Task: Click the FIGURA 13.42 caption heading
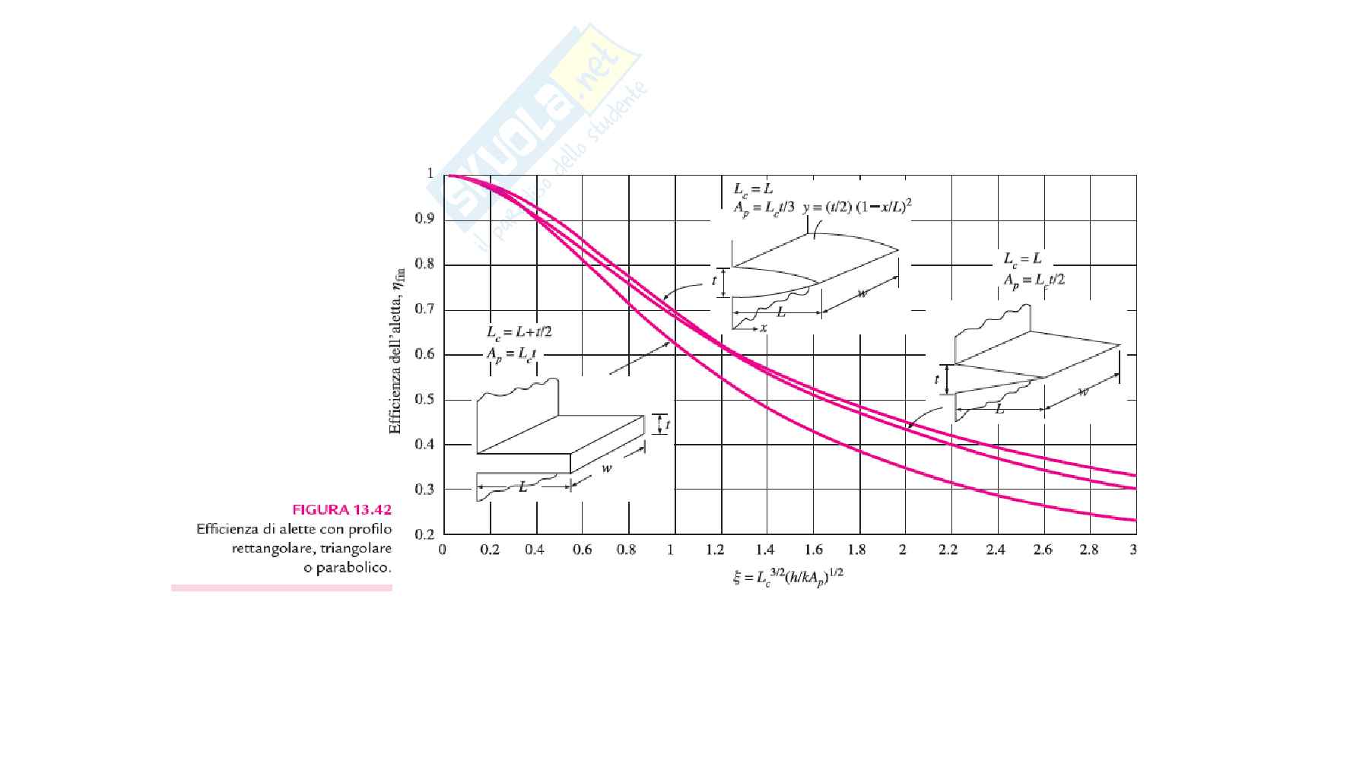pyautogui.click(x=341, y=510)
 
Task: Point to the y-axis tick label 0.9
pyautogui.click(x=424, y=220)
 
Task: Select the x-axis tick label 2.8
pyautogui.click(x=1088, y=550)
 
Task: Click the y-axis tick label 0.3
pyautogui.click(x=424, y=490)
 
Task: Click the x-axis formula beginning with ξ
pyautogui.click(x=788, y=577)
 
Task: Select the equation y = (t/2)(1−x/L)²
pyautogui.click(x=857, y=207)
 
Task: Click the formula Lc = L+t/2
pyautogui.click(x=519, y=332)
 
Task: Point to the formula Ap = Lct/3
pyautogui.click(x=764, y=208)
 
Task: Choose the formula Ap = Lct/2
pyautogui.click(x=1034, y=280)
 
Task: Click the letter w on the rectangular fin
pyautogui.click(x=606, y=468)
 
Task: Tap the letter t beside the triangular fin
pyautogui.click(x=937, y=379)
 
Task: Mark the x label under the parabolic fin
pyautogui.click(x=763, y=328)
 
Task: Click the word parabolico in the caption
pyautogui.click(x=348, y=568)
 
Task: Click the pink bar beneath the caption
pyautogui.click(x=281, y=588)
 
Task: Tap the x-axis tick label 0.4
pyautogui.click(x=535, y=550)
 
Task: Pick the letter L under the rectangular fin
pyautogui.click(x=523, y=486)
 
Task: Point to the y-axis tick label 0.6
pyautogui.click(x=424, y=354)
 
